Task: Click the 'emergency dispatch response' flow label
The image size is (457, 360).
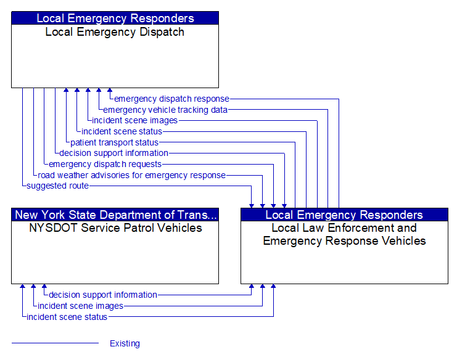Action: coord(171,99)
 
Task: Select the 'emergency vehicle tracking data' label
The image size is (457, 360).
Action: coord(165,110)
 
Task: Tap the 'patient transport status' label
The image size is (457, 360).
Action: coord(114,142)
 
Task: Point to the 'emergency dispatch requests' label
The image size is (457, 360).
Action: coord(105,164)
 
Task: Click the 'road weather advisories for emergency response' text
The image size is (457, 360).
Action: coord(131,175)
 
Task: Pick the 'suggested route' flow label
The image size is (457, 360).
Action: coord(57,186)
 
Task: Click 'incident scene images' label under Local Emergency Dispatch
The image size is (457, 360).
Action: coord(134,120)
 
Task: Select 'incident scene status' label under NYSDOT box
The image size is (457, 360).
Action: coord(67,317)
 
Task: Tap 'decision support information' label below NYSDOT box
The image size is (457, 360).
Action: coord(103,295)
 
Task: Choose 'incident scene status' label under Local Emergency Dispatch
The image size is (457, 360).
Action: coord(121,131)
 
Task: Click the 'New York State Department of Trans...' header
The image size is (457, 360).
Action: coord(115,215)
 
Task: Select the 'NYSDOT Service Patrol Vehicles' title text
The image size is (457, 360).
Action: coord(115,228)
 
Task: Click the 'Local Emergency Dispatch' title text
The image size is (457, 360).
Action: coord(115,32)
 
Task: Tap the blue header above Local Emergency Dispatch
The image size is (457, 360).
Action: coord(115,18)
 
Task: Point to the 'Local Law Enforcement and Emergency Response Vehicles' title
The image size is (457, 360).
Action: coord(344,234)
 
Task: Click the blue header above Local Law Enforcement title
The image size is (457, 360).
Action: coord(344,215)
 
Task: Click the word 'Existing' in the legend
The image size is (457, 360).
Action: coord(125,343)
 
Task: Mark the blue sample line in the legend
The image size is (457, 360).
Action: coord(55,343)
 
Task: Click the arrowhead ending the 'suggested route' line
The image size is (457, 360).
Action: coord(252,205)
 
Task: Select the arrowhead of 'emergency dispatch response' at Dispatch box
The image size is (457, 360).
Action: coord(110,91)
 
